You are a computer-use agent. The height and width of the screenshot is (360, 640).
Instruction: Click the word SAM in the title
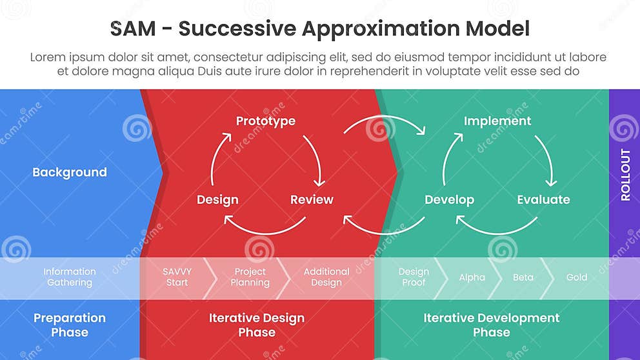coord(133,29)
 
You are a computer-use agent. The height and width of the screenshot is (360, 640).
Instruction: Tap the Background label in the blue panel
coord(70,172)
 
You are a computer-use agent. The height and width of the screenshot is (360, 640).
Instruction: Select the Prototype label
coord(265,121)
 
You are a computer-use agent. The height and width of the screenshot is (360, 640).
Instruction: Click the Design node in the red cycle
coord(217,200)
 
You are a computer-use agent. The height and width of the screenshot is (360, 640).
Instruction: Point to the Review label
coord(312,200)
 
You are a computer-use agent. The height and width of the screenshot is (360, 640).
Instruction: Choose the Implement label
coord(497,121)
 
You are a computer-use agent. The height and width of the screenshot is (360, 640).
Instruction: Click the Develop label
coord(449,200)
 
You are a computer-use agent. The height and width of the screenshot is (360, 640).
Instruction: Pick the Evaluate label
coord(543,200)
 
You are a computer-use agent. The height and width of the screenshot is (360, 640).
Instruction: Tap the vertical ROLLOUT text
coord(625,175)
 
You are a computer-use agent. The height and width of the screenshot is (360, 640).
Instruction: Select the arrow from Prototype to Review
coord(315,159)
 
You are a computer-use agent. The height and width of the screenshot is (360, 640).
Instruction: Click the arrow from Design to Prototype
coord(217,157)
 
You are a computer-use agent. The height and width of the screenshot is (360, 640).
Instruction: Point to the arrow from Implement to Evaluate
coord(546,159)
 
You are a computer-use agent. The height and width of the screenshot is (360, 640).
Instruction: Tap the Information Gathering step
coord(70,277)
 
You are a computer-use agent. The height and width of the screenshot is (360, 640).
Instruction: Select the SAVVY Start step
coord(177,277)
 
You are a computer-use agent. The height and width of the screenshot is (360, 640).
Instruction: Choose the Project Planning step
coord(250,277)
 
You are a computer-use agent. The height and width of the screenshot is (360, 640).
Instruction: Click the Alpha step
coord(472,277)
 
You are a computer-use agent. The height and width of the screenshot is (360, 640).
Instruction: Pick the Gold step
coord(577,277)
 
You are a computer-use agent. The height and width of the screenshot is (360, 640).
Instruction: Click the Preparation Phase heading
coord(70,325)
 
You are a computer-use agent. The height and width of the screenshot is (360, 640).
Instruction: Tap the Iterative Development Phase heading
coord(491,325)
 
